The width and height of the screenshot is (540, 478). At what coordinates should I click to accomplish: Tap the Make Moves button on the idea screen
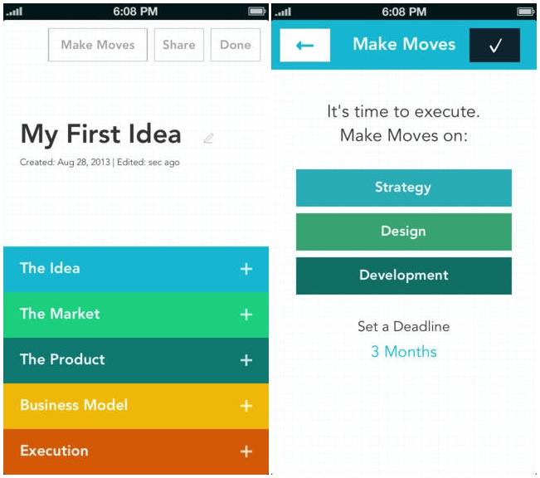click(x=98, y=45)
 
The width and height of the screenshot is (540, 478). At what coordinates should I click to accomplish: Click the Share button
click(x=178, y=45)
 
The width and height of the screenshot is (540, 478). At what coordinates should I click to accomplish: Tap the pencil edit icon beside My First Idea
click(x=209, y=139)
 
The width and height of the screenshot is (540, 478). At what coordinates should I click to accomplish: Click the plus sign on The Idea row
click(x=246, y=269)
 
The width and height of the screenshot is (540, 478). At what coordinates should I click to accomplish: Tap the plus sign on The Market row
click(x=246, y=315)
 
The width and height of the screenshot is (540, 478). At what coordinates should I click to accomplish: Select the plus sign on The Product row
click(x=246, y=360)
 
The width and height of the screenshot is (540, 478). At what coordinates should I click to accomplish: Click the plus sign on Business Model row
click(x=246, y=406)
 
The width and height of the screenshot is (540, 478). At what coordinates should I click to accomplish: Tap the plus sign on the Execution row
click(x=246, y=451)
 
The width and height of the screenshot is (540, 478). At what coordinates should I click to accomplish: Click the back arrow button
click(x=304, y=45)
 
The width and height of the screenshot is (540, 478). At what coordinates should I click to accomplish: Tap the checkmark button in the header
click(x=494, y=45)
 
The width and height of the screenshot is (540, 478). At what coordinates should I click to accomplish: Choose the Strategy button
click(x=404, y=188)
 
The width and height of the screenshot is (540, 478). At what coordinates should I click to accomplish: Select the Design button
click(x=404, y=232)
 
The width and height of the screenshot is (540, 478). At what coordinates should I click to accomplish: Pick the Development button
click(x=404, y=276)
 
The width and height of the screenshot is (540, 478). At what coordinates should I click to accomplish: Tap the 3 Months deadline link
click(x=404, y=352)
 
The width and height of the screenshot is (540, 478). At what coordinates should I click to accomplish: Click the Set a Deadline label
click(x=404, y=326)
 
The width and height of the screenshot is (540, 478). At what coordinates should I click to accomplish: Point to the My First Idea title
click(x=100, y=134)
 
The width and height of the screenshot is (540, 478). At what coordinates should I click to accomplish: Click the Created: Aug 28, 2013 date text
click(x=65, y=162)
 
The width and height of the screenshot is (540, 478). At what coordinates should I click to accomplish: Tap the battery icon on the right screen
click(x=526, y=12)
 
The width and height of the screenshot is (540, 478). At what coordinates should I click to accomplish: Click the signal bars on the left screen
click(x=14, y=12)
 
